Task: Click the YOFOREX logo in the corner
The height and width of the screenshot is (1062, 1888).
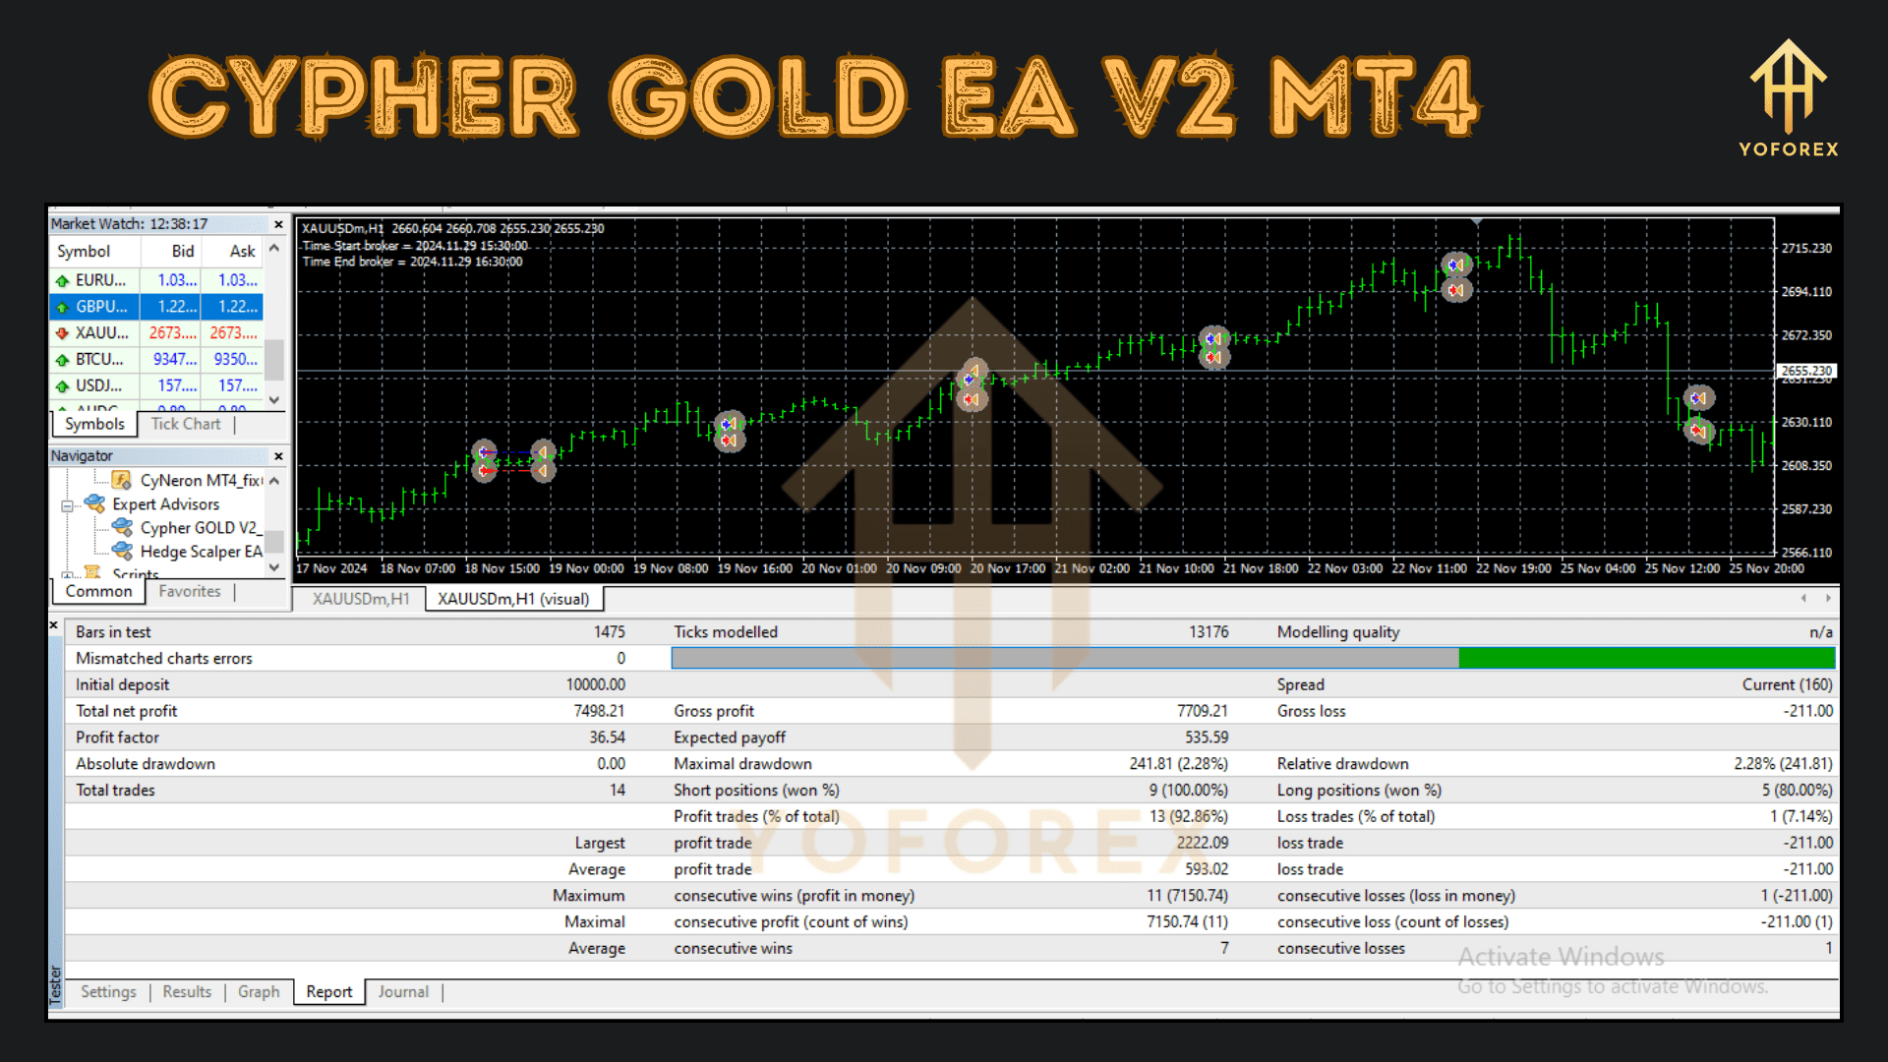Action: [1788, 98]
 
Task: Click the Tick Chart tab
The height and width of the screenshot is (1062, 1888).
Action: [186, 424]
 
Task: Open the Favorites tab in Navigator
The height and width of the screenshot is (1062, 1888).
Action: [190, 591]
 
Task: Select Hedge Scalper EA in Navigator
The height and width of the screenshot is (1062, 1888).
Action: [200, 552]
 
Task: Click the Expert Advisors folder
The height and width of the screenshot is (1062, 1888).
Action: [165, 504]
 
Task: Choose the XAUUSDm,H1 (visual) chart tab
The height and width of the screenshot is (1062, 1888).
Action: [513, 599]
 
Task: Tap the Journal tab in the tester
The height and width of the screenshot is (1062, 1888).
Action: [403, 992]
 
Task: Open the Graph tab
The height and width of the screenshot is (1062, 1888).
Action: [259, 992]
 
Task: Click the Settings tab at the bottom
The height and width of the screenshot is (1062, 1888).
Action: [108, 992]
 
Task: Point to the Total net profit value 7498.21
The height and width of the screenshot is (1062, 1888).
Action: [599, 711]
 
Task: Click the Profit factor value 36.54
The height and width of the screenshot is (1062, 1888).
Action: [607, 737]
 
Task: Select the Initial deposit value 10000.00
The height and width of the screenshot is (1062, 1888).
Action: [595, 684]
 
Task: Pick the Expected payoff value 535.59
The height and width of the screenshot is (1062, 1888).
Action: [1207, 737]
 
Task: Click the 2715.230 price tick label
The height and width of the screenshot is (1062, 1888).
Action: [1806, 249]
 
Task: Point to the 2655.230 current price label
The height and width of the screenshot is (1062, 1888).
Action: [1806, 371]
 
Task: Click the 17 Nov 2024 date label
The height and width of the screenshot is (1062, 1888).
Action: [331, 568]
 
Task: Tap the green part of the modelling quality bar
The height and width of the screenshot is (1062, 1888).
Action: [1646, 659]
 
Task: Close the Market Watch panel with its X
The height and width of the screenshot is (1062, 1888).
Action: [278, 224]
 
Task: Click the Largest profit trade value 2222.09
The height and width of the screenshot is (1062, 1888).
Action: [1203, 843]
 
